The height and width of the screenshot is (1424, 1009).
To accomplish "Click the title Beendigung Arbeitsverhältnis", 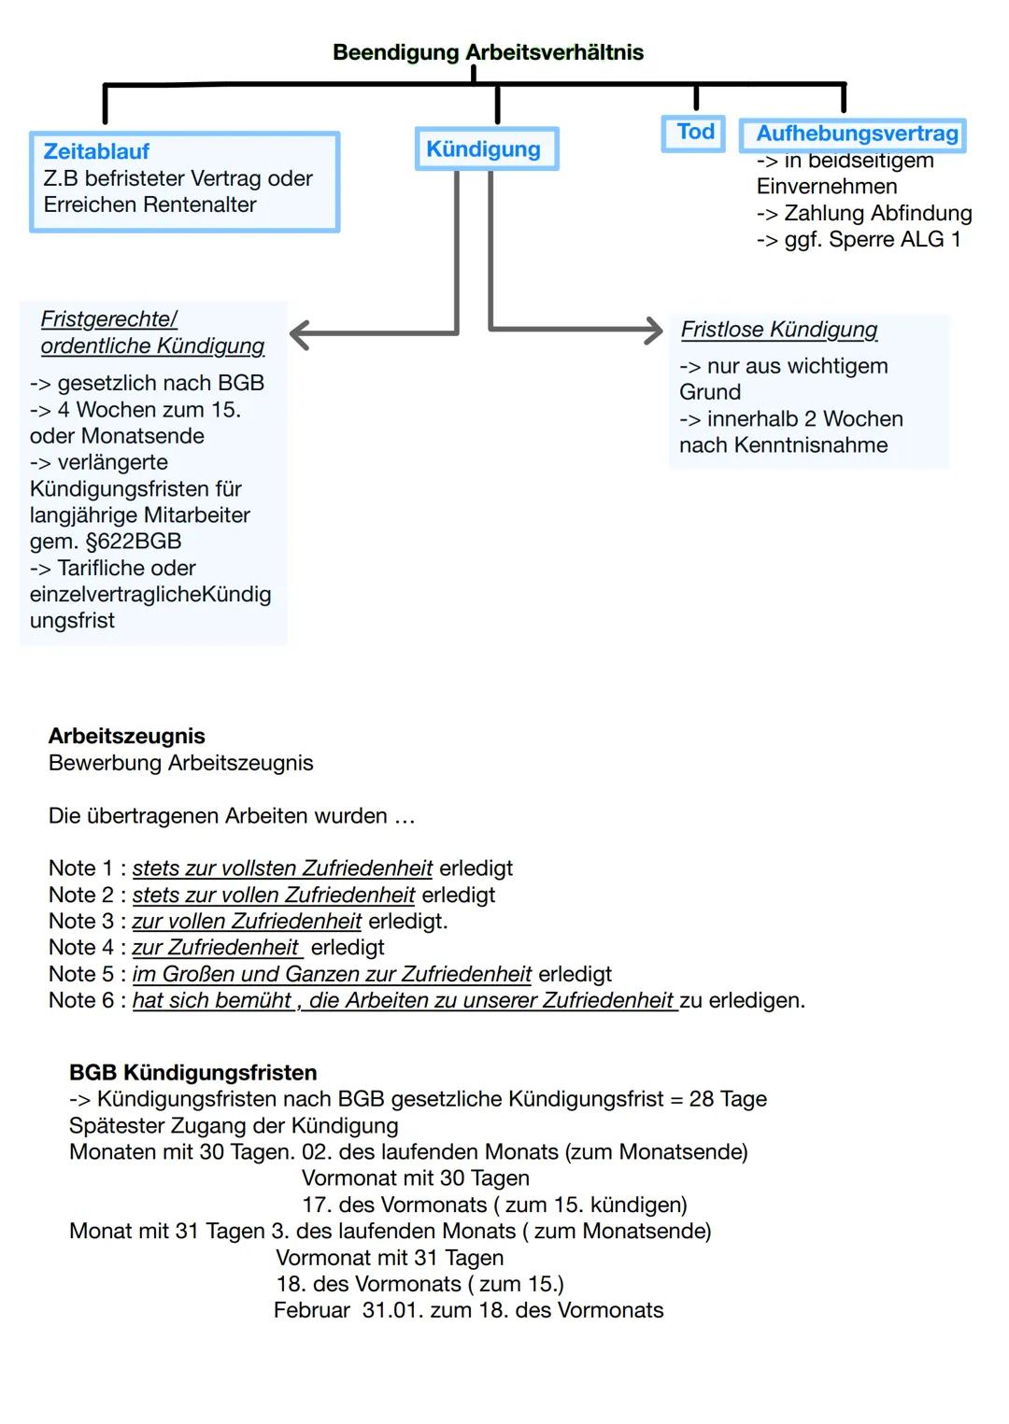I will tap(488, 52).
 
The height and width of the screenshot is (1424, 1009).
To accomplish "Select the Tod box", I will tap(695, 132).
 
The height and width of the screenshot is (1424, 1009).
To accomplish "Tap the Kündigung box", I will tap(484, 149).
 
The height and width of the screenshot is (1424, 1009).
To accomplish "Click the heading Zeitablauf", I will tap(96, 151).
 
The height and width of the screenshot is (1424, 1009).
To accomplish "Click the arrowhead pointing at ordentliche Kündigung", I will tap(300, 334).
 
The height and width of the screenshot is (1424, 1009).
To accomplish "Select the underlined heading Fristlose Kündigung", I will tap(779, 330).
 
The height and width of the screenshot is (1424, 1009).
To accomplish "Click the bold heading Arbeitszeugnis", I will tap(127, 736).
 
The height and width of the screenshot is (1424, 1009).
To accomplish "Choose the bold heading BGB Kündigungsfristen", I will tap(193, 1073).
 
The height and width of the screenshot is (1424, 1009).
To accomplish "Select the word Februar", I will tap(312, 1311).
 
